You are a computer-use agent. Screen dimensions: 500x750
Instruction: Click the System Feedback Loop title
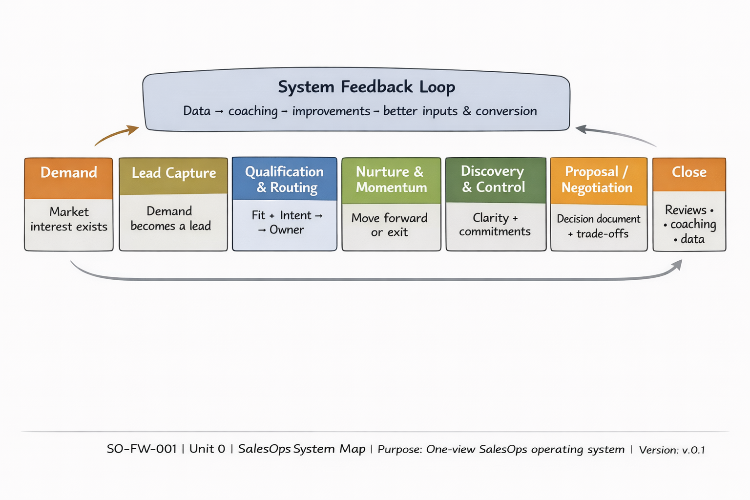click(x=366, y=87)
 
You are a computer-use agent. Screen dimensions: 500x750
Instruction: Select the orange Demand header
click(x=69, y=173)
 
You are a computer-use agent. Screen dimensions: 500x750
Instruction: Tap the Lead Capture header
click(x=173, y=173)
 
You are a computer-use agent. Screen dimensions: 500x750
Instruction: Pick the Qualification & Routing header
click(x=285, y=179)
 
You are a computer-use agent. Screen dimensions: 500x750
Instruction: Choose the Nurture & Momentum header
click(x=391, y=179)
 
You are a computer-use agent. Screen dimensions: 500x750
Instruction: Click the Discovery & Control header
click(x=494, y=179)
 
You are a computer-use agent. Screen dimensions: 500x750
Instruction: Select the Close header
click(x=689, y=172)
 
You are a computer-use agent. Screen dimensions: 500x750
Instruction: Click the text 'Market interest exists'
click(x=69, y=219)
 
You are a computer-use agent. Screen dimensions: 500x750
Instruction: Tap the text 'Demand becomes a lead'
click(x=170, y=218)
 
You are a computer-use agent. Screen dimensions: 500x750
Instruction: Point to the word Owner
click(x=287, y=230)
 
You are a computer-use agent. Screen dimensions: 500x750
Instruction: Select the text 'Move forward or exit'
click(x=389, y=225)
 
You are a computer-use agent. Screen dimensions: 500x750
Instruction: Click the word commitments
click(x=495, y=231)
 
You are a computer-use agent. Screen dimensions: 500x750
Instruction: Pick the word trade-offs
click(x=602, y=234)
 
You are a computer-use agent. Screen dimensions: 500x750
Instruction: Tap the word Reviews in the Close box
click(x=686, y=210)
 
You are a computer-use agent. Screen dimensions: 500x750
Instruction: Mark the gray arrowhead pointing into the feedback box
click(x=582, y=129)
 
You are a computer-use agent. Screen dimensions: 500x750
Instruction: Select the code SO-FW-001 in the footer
click(x=142, y=449)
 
